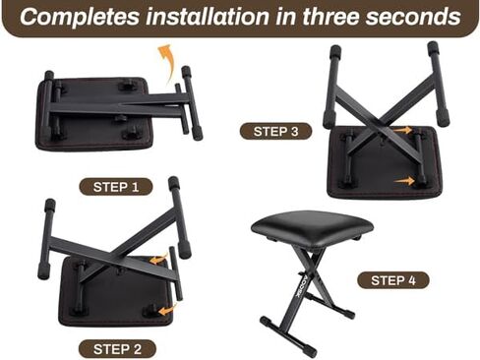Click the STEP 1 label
(x=117, y=186)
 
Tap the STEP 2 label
(x=117, y=347)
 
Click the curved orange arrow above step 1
(x=169, y=58)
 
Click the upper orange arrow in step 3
(x=401, y=130)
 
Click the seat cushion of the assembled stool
(x=311, y=225)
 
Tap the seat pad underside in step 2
(x=113, y=295)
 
